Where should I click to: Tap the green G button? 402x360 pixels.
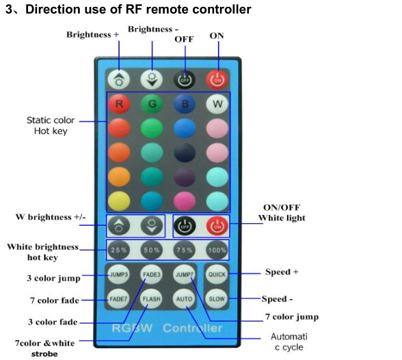152,104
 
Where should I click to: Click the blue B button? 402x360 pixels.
185,104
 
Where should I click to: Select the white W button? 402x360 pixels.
217,104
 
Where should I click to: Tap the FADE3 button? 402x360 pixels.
152,274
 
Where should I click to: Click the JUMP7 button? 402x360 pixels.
184,274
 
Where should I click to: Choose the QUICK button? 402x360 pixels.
217,274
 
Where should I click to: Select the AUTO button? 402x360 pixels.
184,298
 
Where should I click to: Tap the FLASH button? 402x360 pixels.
151,298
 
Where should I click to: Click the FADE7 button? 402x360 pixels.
118,298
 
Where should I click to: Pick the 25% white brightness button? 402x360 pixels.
119,250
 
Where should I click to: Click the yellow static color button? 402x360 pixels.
119,201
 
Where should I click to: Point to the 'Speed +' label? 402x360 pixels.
282,272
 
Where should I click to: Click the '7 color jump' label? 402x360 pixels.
292,317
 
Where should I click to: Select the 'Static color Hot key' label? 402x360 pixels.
51,125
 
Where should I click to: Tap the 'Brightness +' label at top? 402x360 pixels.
93,34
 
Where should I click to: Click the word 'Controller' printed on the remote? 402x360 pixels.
193,329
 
